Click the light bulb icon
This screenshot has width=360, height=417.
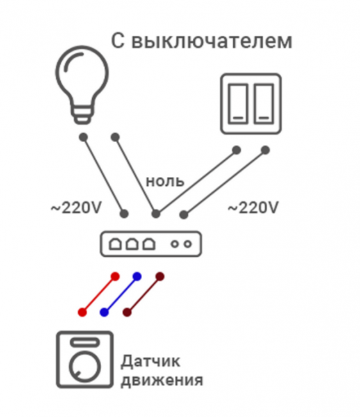(82, 85)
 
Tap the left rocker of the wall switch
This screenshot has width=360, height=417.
(238, 104)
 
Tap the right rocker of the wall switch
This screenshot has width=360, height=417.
(264, 104)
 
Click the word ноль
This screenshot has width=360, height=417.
(165, 181)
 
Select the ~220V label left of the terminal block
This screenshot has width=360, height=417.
(76, 208)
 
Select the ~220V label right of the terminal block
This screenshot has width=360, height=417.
(253, 208)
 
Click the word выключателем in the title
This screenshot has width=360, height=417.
(212, 41)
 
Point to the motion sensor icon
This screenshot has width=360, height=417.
(85, 359)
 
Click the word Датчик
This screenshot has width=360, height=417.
(151, 361)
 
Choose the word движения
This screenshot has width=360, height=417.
(162, 381)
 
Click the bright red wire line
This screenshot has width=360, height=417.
(99, 295)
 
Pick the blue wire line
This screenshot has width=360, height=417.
(121, 295)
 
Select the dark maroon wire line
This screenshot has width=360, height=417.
(144, 295)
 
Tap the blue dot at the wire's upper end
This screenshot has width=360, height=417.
(137, 277)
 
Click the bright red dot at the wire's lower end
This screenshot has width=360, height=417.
(83, 312)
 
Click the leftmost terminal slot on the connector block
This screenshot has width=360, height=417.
(115, 244)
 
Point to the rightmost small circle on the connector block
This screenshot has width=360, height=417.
(188, 244)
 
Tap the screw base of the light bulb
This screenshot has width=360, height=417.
(82, 115)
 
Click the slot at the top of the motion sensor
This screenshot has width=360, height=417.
(85, 342)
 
